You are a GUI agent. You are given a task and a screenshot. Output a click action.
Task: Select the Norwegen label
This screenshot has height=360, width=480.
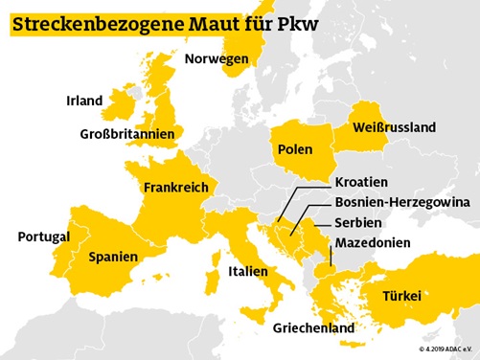tap(217, 58)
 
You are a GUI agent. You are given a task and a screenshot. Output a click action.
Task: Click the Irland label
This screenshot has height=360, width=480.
tap(84, 101)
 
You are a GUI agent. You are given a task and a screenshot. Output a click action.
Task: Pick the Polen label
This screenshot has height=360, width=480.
tap(295, 149)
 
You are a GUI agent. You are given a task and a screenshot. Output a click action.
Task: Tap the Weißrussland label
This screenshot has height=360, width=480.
tap(394, 127)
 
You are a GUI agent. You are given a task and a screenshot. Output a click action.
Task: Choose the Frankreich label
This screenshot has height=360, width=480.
tap(175, 188)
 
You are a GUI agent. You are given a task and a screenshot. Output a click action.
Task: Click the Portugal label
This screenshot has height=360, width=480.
tap(44, 236)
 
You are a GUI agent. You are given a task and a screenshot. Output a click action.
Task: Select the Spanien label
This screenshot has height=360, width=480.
tap(113, 257)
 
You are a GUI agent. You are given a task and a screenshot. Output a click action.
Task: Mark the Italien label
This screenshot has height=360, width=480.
tap(248, 272)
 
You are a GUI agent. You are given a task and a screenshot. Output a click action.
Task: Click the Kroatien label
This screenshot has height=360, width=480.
tap(361, 182)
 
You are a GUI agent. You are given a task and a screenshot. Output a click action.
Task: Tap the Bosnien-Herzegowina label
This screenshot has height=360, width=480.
tap(401, 203)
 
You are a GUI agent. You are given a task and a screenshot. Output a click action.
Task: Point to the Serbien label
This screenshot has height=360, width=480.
tap(358, 223)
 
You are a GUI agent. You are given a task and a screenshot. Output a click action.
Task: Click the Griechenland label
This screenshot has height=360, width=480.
tap(313, 328)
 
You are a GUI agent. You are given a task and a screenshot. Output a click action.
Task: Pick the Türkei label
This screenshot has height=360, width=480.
tap(401, 296)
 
